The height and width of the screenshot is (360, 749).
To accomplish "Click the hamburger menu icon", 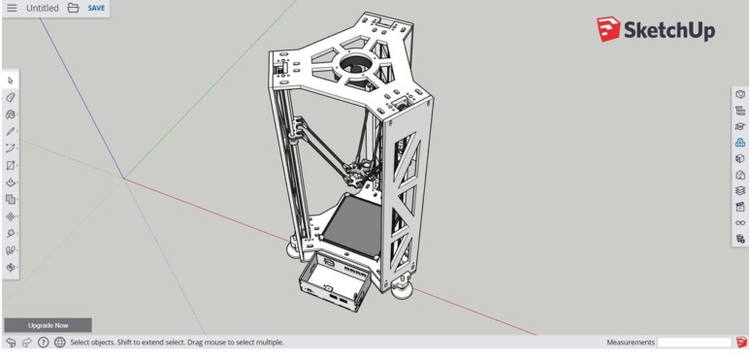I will pyautogui.click(x=12, y=8).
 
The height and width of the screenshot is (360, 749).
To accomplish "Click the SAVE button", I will pyautogui.click(x=96, y=8).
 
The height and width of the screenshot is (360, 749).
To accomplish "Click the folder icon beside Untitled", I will pyautogui.click(x=73, y=8).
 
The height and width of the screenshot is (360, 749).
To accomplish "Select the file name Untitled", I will pyautogui.click(x=42, y=8).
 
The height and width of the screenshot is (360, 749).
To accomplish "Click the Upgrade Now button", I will pyautogui.click(x=48, y=325).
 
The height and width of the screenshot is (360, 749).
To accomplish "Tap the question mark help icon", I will pyautogui.click(x=44, y=343).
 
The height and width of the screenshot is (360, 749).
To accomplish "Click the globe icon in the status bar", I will pyautogui.click(x=60, y=343).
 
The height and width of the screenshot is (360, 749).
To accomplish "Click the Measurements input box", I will pyautogui.click(x=694, y=343).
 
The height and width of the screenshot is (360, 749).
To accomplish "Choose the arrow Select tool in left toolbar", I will pyautogui.click(x=11, y=81).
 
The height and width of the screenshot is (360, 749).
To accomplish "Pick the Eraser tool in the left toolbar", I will pyautogui.click(x=11, y=97).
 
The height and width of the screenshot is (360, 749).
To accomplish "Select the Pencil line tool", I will pyautogui.click(x=11, y=131).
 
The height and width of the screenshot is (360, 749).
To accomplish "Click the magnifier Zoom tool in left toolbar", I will pyautogui.click(x=11, y=233).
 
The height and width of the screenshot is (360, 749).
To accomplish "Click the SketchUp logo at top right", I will pyautogui.click(x=656, y=30).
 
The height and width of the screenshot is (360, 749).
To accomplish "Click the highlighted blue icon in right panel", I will pyautogui.click(x=740, y=143).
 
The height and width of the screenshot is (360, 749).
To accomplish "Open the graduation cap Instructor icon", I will pyautogui.click(x=740, y=126).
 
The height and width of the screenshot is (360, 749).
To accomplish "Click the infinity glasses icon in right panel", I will pyautogui.click(x=740, y=222).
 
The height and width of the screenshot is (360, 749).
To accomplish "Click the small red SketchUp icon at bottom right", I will pyautogui.click(x=741, y=343).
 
